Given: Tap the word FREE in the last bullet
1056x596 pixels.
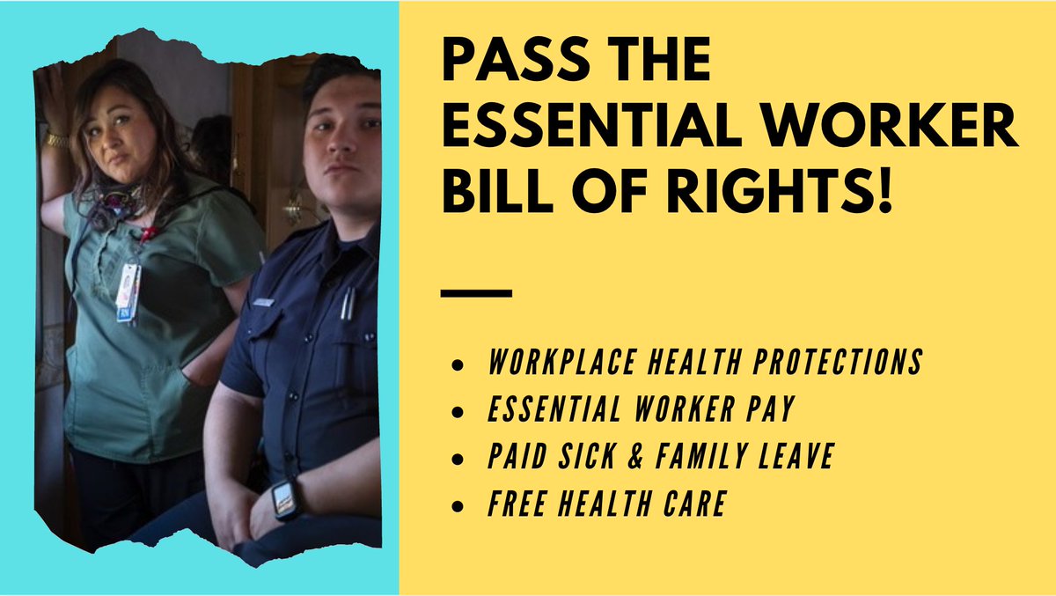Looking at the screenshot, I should coord(516,504).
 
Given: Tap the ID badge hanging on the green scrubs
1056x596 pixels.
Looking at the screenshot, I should coord(128,291).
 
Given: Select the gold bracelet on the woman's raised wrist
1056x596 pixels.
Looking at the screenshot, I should coord(57,140).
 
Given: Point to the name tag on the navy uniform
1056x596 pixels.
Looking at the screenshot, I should coord(261,303).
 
